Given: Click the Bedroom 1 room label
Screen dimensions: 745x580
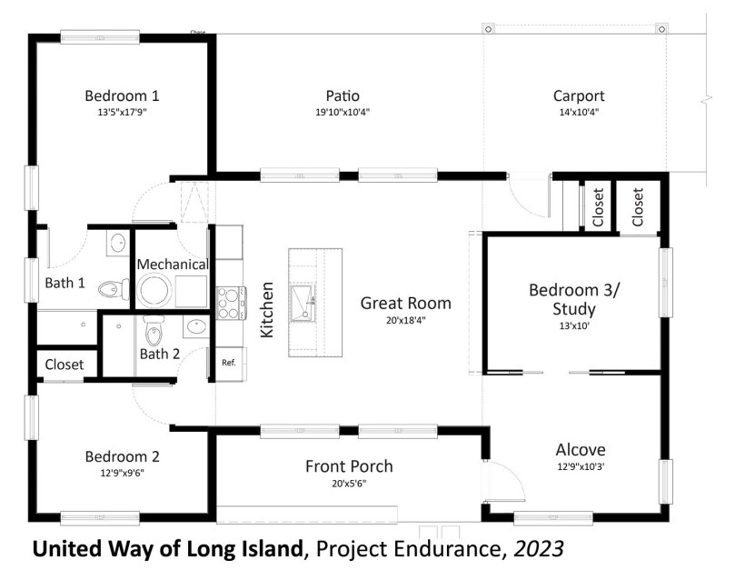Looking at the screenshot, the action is (x=122, y=95).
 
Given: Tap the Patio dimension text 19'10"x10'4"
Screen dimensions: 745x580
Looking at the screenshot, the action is (x=343, y=112).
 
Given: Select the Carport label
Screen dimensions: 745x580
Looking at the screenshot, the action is (x=579, y=96).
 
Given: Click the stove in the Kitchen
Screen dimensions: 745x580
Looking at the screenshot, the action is (x=231, y=303).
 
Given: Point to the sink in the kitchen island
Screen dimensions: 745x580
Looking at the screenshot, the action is (x=303, y=303).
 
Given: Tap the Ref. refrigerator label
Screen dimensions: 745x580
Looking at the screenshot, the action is (x=229, y=363).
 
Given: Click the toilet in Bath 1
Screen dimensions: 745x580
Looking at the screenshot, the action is (x=114, y=288).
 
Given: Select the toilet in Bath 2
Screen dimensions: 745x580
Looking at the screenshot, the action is (x=154, y=330).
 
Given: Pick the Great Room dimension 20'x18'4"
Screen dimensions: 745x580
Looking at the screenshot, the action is (x=406, y=320).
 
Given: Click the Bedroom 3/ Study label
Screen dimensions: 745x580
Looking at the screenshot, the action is (x=574, y=299).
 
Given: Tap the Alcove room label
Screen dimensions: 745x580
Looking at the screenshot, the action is (x=581, y=450).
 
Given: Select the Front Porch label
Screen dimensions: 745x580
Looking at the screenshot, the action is (x=349, y=466).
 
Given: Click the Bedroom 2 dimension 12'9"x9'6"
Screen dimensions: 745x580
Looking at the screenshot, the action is (x=122, y=473).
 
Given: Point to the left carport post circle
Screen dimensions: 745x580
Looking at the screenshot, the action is (x=489, y=29).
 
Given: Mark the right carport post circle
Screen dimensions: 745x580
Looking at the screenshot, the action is (x=661, y=29).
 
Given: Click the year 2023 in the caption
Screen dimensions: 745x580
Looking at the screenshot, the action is (x=539, y=548).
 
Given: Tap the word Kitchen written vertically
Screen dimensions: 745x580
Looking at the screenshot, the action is (x=267, y=310).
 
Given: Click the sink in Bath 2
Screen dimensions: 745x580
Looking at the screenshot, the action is (x=195, y=326).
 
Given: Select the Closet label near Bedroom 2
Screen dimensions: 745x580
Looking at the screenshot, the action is (x=65, y=365).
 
